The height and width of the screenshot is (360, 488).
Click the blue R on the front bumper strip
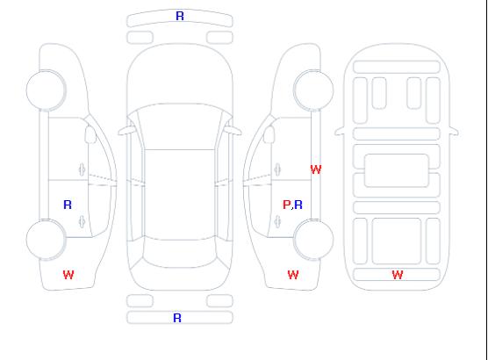click(x=180, y=16)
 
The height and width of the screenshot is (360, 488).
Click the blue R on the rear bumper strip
click(x=177, y=318)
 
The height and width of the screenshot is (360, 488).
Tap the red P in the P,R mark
click(x=286, y=205)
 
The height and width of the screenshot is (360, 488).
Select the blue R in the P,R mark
click(x=298, y=205)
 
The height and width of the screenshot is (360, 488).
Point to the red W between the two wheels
click(x=316, y=169)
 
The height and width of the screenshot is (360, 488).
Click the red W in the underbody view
click(x=398, y=275)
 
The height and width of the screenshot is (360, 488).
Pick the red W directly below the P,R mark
click(x=293, y=275)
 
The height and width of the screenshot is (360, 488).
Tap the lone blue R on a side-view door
click(x=68, y=205)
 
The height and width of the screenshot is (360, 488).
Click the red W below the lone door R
click(x=68, y=275)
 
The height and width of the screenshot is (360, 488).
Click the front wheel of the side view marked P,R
click(x=313, y=90)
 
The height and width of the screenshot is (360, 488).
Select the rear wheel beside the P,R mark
click(x=313, y=239)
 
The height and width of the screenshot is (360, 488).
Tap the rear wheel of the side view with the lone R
click(x=46, y=239)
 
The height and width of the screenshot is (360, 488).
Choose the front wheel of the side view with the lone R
click(x=46, y=90)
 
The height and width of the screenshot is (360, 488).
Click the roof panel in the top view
click(x=180, y=195)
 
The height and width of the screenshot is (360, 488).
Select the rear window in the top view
click(x=180, y=253)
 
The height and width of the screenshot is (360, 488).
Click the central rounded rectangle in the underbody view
click(x=397, y=170)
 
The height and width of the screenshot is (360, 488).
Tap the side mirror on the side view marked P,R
click(x=269, y=134)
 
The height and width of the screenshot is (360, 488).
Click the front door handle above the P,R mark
click(x=277, y=169)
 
